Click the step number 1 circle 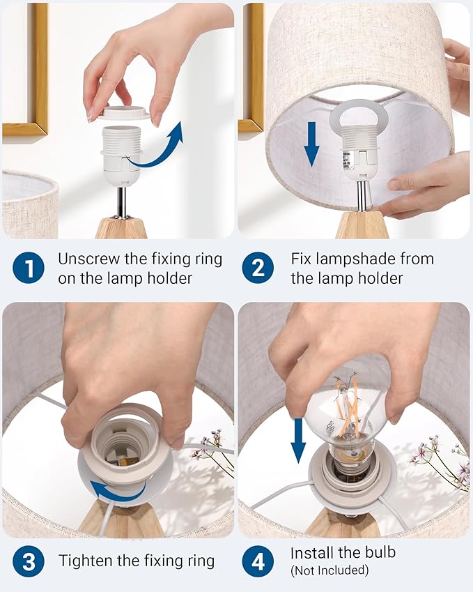coord(29,268)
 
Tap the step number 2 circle coord(258,268)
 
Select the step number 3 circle coord(29,561)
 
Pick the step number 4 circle coord(258,561)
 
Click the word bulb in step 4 coord(380,552)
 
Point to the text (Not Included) coord(329,570)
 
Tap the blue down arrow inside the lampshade coord(311,144)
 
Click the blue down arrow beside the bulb coord(298,440)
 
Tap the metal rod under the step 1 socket coord(122,202)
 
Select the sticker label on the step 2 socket coord(345,158)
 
